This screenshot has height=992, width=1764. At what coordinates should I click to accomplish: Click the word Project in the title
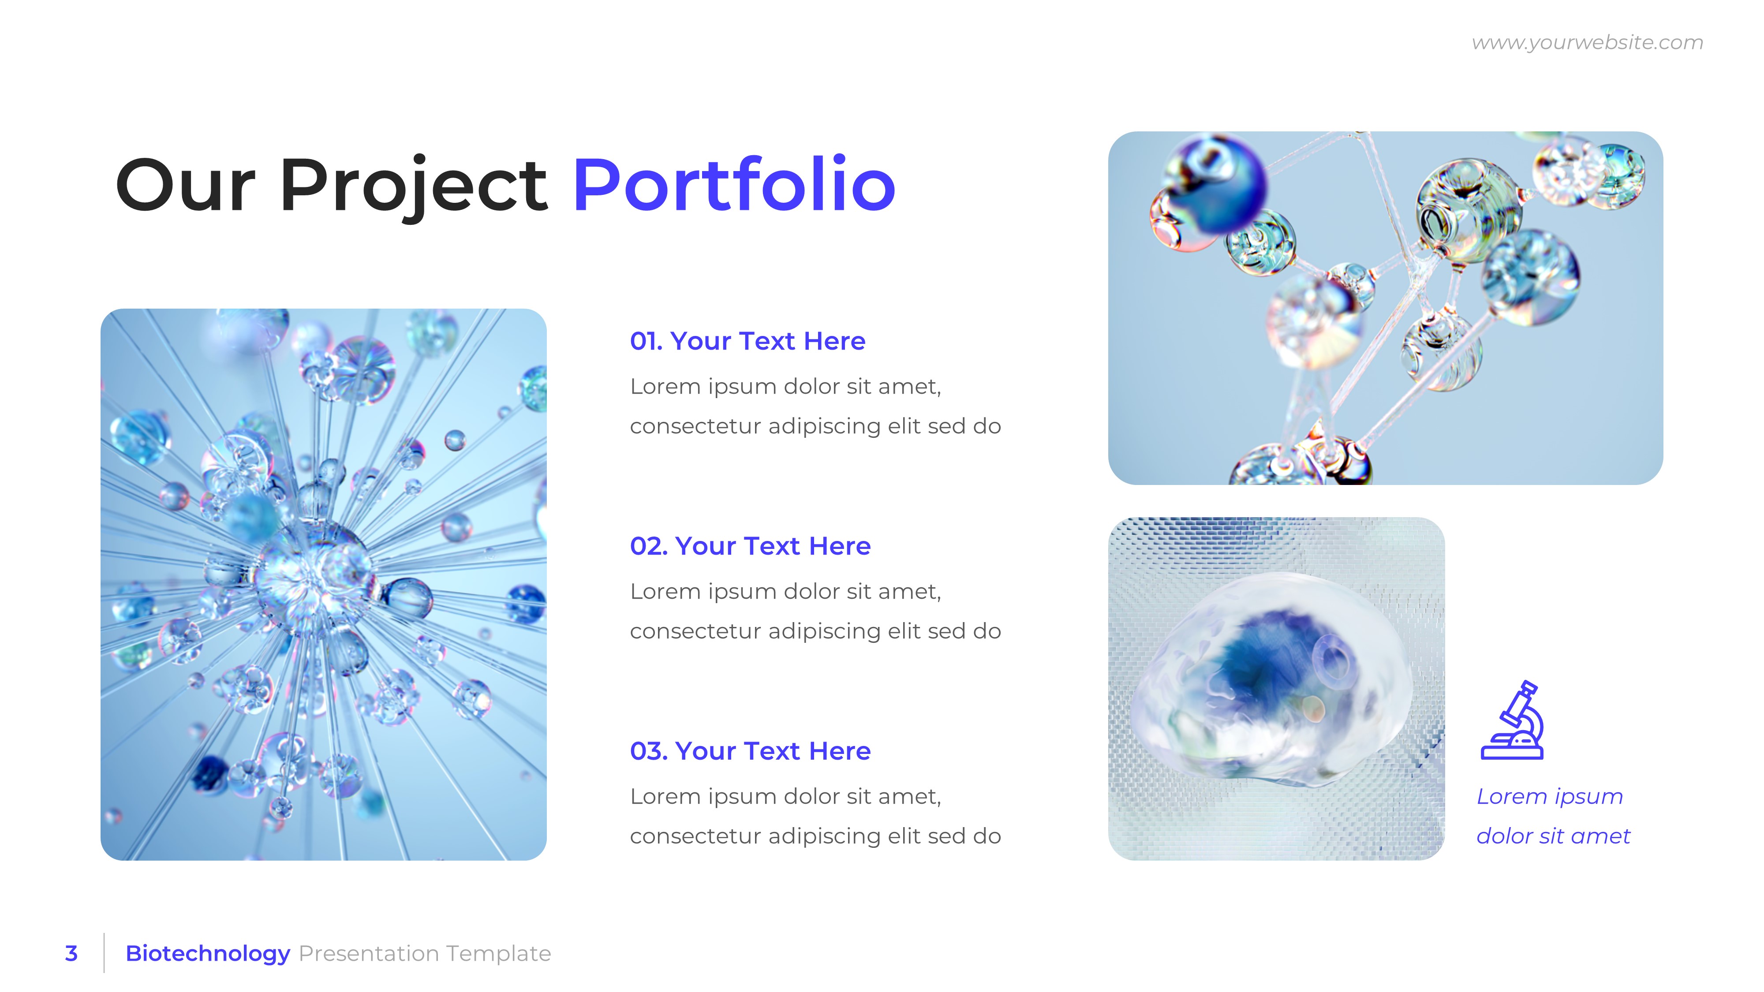(413, 185)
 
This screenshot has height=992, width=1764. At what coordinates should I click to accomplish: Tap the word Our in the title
(186, 185)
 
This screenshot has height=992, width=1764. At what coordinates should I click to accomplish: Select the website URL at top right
(1587, 42)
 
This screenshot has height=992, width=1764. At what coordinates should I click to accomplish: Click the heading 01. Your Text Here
(747, 341)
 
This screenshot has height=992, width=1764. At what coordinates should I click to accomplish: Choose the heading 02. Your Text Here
(750, 546)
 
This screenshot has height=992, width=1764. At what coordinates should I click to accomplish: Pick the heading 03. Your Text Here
(750, 751)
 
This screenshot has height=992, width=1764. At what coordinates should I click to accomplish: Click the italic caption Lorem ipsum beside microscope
(1549, 796)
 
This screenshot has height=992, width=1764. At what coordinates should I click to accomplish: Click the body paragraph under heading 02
(815, 611)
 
